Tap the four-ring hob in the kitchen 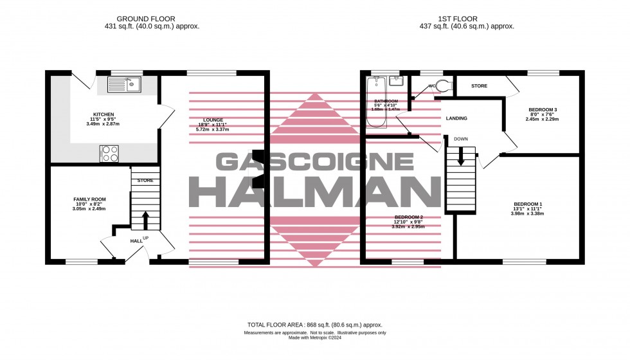point(109,154)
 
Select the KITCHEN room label point(103,115)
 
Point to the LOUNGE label point(213,120)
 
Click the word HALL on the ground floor point(136,240)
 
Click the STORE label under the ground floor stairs point(145,181)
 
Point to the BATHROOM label point(386,102)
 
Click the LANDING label point(456,118)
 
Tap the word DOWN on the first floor point(460,139)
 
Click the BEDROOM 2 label point(409,217)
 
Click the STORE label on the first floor point(479,85)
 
